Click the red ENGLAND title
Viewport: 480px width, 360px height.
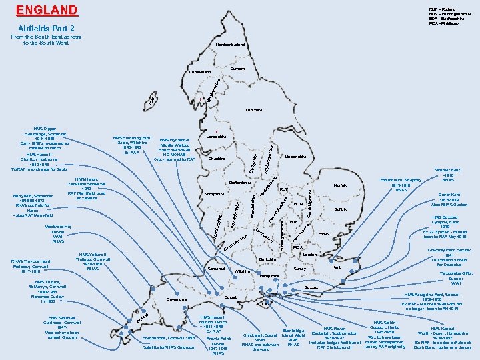pos(47,10)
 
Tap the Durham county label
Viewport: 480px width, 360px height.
pos(237,69)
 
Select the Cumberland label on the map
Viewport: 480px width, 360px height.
pos(199,71)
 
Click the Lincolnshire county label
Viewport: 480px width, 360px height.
pos(295,158)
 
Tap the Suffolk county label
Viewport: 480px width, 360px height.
pos(341,209)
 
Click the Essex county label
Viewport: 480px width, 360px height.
pos(325,234)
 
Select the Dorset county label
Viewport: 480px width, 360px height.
pos(231,296)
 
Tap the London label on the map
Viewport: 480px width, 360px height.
pos(309,255)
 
